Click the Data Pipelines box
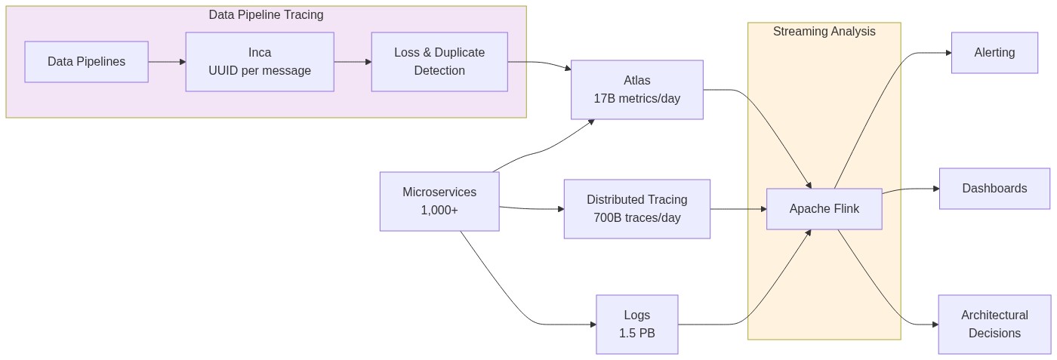coord(86,62)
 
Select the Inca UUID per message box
coord(260,62)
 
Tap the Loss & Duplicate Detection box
coord(439,62)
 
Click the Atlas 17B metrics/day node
coord(636,90)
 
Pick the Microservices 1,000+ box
coord(439,201)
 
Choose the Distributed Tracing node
coord(636,209)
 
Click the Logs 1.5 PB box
coord(636,325)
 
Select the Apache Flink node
coord(824,209)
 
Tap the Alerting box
coord(994,53)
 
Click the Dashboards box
coord(994,189)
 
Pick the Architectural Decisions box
coord(994,325)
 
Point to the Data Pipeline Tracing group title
coord(266,15)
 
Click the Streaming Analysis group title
coord(824,32)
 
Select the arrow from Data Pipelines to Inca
coord(166,62)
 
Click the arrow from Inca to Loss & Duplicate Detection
coord(352,62)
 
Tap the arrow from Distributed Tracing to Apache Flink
coord(738,209)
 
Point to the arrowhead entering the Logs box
coord(592,325)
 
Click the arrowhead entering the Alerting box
coord(947,53)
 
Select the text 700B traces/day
coord(636,218)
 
